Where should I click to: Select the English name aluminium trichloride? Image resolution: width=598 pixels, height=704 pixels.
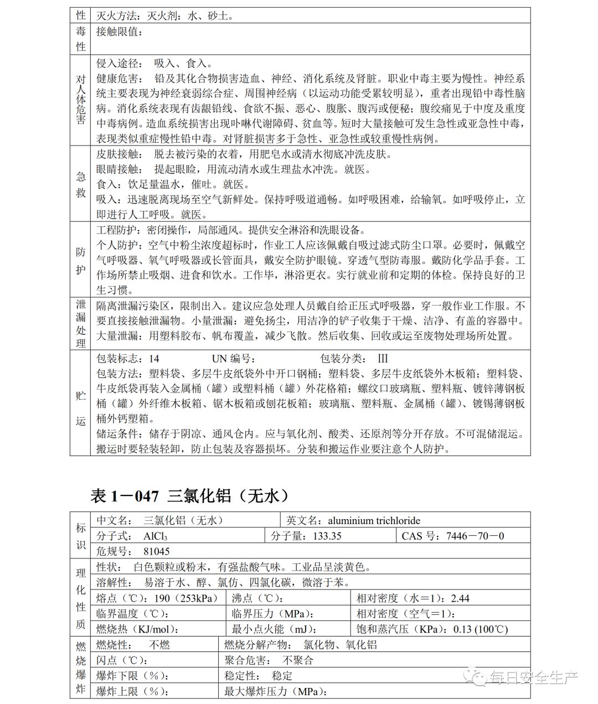pyautogui.click(x=374, y=520)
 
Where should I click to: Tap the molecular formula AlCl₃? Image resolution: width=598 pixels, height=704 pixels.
pyautogui.click(x=155, y=536)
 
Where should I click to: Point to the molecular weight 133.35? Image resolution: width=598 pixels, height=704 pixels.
pyautogui.click(x=327, y=536)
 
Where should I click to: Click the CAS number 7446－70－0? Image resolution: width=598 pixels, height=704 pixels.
pyautogui.click(x=475, y=536)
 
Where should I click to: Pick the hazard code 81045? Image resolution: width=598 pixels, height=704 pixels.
pyautogui.click(x=156, y=551)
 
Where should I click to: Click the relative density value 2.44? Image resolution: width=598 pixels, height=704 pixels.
pyautogui.click(x=460, y=598)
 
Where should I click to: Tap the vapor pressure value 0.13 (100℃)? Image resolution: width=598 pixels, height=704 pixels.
pyautogui.click(x=480, y=629)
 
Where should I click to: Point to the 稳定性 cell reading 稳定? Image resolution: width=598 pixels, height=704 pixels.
pyautogui.click(x=282, y=676)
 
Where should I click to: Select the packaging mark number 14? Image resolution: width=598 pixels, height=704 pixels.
pyautogui.click(x=154, y=359)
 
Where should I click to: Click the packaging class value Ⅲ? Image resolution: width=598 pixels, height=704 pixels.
pyautogui.click(x=383, y=359)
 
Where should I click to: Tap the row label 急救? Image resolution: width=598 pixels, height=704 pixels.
pyautogui.click(x=81, y=184)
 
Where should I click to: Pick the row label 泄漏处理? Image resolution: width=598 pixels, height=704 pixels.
pyautogui.click(x=81, y=324)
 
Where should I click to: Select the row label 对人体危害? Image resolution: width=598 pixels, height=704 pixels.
pyautogui.click(x=81, y=100)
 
